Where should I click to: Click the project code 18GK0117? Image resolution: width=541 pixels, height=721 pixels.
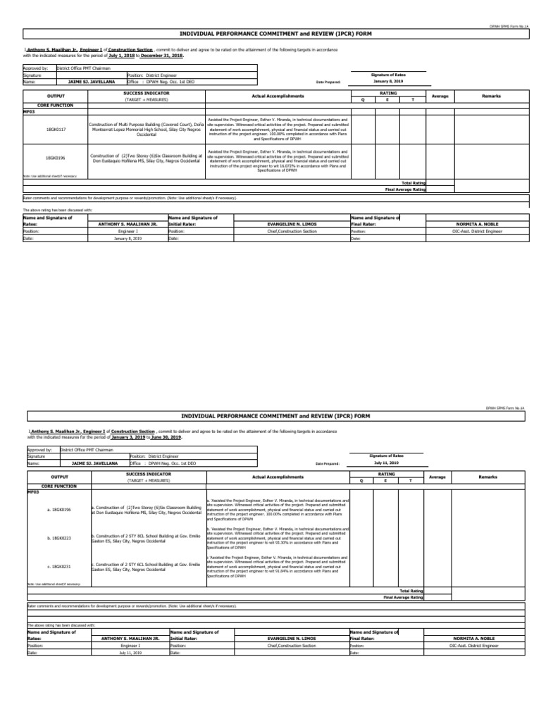(56, 130)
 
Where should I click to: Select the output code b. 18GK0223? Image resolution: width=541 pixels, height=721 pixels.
(58, 537)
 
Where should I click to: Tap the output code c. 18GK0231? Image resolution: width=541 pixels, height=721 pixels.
(58, 565)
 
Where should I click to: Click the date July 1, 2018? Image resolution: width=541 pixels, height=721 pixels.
(121, 55)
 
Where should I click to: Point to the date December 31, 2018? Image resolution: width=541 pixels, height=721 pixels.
(161, 55)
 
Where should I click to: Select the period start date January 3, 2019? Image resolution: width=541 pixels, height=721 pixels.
(126, 437)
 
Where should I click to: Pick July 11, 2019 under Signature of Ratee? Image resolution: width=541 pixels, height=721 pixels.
(387, 463)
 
